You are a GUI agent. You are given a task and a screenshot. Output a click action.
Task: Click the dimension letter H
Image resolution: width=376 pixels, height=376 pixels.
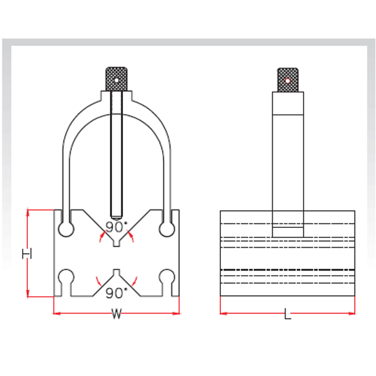point(26,254)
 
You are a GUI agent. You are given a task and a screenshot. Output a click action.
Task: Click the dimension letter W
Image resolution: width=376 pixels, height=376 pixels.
point(117,315)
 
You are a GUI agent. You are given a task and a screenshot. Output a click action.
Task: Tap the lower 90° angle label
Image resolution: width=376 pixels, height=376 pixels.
point(117,291)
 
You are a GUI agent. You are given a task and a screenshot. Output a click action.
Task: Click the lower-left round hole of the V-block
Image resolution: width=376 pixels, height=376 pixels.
point(66,276)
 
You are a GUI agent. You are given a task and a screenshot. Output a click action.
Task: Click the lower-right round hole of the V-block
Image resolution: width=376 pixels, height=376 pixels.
point(167,276)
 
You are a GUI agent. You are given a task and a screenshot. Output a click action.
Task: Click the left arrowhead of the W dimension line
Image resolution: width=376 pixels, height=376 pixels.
point(55,313)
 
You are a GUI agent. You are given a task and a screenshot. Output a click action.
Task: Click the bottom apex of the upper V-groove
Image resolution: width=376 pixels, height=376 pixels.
point(117,245)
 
